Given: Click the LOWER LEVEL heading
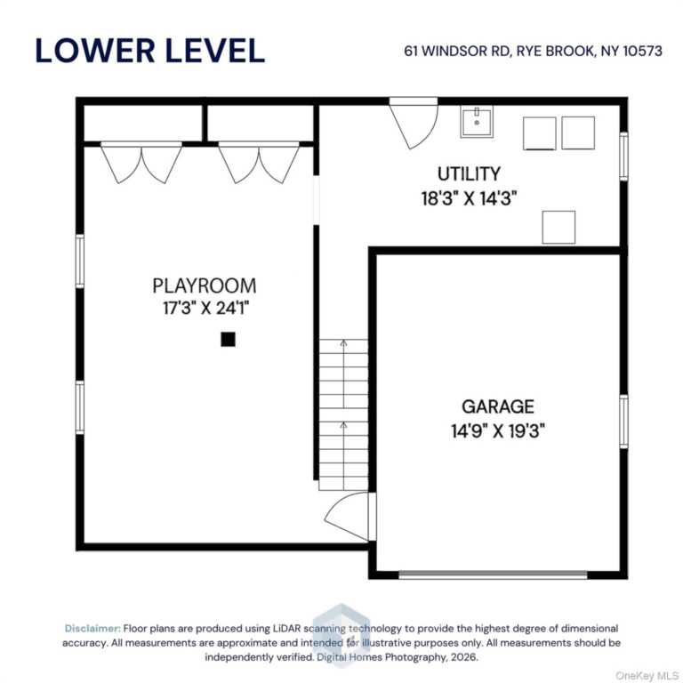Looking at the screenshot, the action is pyautogui.click(x=149, y=51).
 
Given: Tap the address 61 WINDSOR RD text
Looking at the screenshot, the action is pyautogui.click(x=457, y=51).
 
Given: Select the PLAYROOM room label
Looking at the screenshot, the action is pyautogui.click(x=205, y=285).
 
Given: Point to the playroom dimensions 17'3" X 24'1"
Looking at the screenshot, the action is pyautogui.click(x=205, y=309).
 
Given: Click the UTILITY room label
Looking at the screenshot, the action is pyautogui.click(x=469, y=173).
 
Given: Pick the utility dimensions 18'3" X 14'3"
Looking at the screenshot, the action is pyautogui.click(x=469, y=198).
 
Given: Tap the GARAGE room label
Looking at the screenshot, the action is pyautogui.click(x=498, y=406).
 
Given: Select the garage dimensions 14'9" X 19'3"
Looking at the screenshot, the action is pyautogui.click(x=498, y=431).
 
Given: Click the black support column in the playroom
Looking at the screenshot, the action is pyautogui.click(x=228, y=340).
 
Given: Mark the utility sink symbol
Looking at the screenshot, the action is pyautogui.click(x=477, y=122).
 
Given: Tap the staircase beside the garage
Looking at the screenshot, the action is pyautogui.click(x=343, y=414).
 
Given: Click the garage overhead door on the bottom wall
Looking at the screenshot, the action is pyautogui.click(x=493, y=575).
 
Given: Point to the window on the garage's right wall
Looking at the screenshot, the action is pyautogui.click(x=623, y=422).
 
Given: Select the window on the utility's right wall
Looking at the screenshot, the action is pyautogui.click(x=623, y=157).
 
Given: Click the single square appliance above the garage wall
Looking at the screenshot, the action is pyautogui.click(x=558, y=228).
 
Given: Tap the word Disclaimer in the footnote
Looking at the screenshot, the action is pyautogui.click(x=92, y=629).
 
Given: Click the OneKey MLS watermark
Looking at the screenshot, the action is pyautogui.click(x=647, y=676).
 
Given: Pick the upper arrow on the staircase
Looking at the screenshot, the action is pyautogui.click(x=343, y=374).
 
